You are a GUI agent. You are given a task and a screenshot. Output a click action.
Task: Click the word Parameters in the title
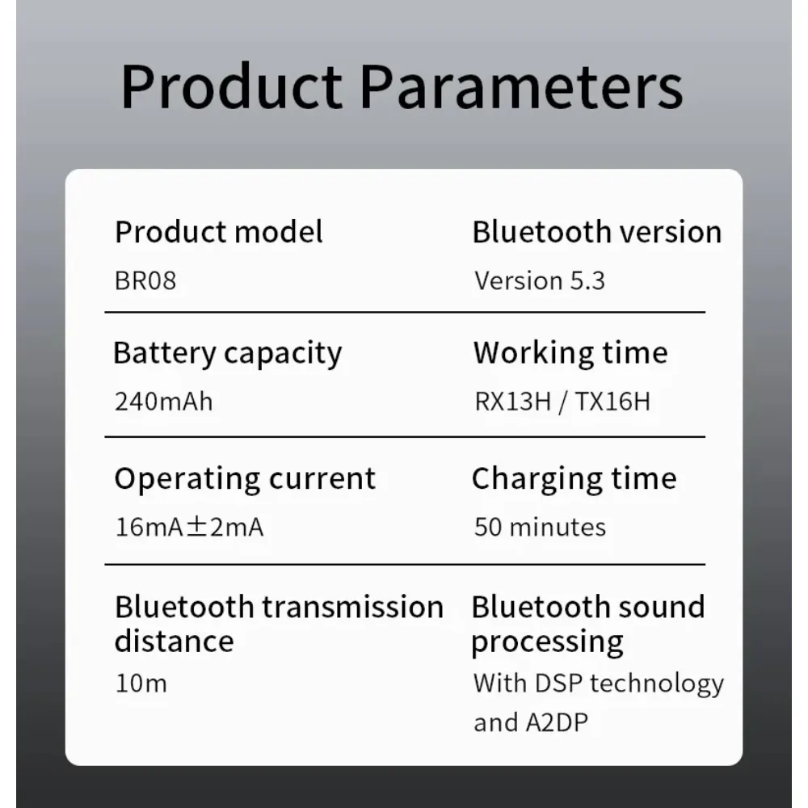click(x=521, y=86)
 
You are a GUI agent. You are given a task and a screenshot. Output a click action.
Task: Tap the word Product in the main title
click(x=231, y=86)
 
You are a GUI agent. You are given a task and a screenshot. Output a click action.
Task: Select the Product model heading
click(x=219, y=232)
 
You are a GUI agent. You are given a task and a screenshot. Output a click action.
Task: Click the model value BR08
click(x=145, y=281)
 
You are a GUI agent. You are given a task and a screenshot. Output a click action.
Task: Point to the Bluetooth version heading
click(x=597, y=232)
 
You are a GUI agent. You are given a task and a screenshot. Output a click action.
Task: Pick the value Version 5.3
click(x=540, y=281)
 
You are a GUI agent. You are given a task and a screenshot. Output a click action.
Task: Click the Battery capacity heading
click(x=228, y=355)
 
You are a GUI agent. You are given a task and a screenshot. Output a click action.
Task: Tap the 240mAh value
click(x=164, y=402)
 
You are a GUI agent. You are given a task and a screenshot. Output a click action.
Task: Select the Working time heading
click(x=571, y=355)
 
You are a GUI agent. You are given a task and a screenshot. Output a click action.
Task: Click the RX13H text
click(x=513, y=402)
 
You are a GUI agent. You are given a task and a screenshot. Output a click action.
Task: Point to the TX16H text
click(x=612, y=402)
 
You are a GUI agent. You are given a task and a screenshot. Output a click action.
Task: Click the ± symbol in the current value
click(x=196, y=527)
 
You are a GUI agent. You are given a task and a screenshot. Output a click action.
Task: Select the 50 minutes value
click(x=540, y=527)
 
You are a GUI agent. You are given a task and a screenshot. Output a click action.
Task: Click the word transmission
click(x=353, y=607)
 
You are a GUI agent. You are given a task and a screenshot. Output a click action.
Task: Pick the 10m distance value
click(x=141, y=684)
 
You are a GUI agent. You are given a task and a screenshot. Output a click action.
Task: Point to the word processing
click(x=547, y=643)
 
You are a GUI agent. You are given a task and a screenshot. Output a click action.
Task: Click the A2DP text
click(x=557, y=722)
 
